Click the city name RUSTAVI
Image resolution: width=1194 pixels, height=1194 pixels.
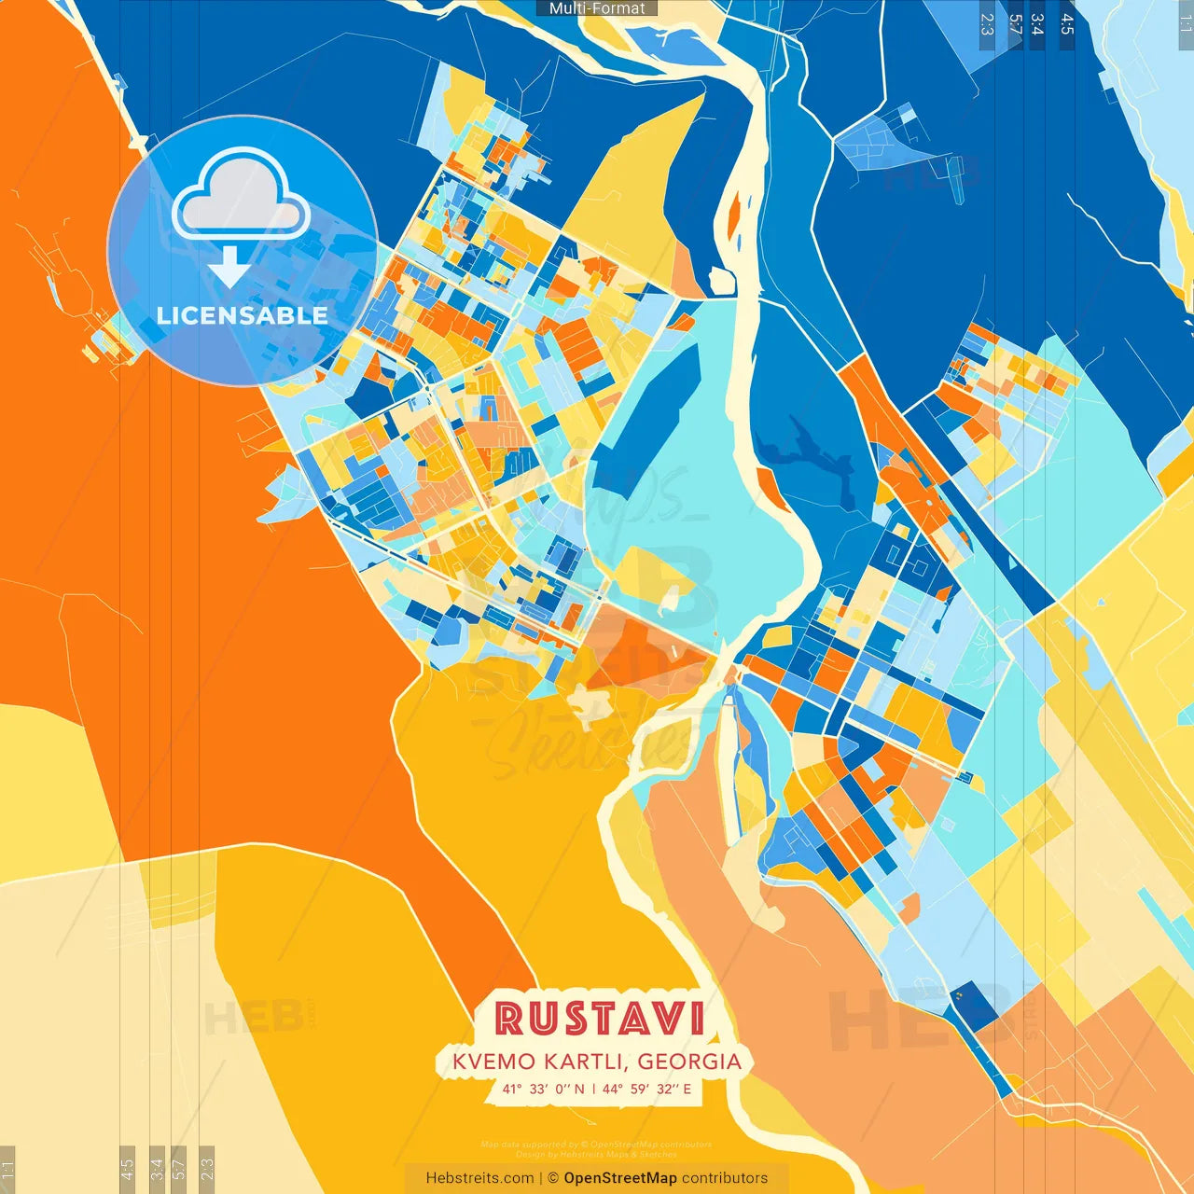(598, 1019)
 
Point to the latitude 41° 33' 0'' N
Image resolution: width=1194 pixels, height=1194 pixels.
(543, 1089)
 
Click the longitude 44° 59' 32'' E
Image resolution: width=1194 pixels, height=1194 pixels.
(646, 1089)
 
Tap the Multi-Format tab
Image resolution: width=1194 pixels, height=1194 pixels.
(597, 8)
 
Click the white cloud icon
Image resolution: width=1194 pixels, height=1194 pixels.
(242, 198)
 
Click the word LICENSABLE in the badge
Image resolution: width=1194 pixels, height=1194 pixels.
(242, 315)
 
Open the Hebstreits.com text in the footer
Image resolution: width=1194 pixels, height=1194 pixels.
(479, 1178)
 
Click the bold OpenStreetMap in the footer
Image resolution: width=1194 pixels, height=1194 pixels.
(619, 1178)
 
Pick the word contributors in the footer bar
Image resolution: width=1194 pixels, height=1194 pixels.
(725, 1178)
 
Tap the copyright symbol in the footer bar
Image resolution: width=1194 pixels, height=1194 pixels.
(552, 1178)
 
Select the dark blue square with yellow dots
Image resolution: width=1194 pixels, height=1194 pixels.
(972, 1005)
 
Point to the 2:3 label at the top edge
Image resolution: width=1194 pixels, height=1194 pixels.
(987, 23)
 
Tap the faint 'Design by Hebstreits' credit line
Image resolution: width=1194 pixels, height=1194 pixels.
(596, 1154)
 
